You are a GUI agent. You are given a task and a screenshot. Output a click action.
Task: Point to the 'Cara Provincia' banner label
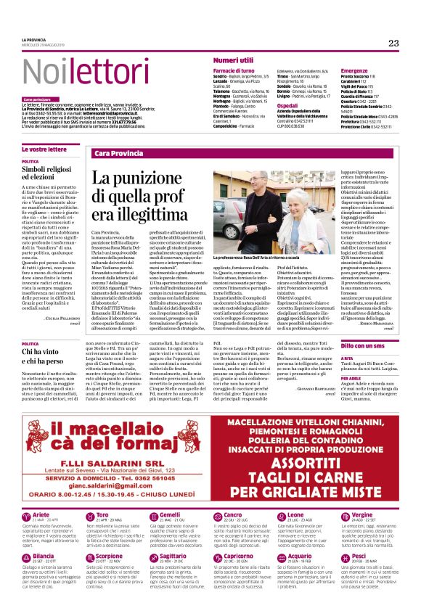point(116,154)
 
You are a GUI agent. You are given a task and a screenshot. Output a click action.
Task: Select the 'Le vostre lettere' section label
point(43,148)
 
